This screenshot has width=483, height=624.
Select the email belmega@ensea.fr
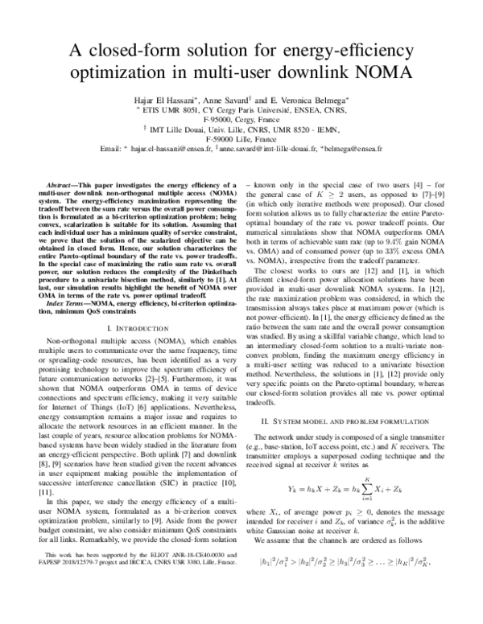[x=354, y=149]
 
